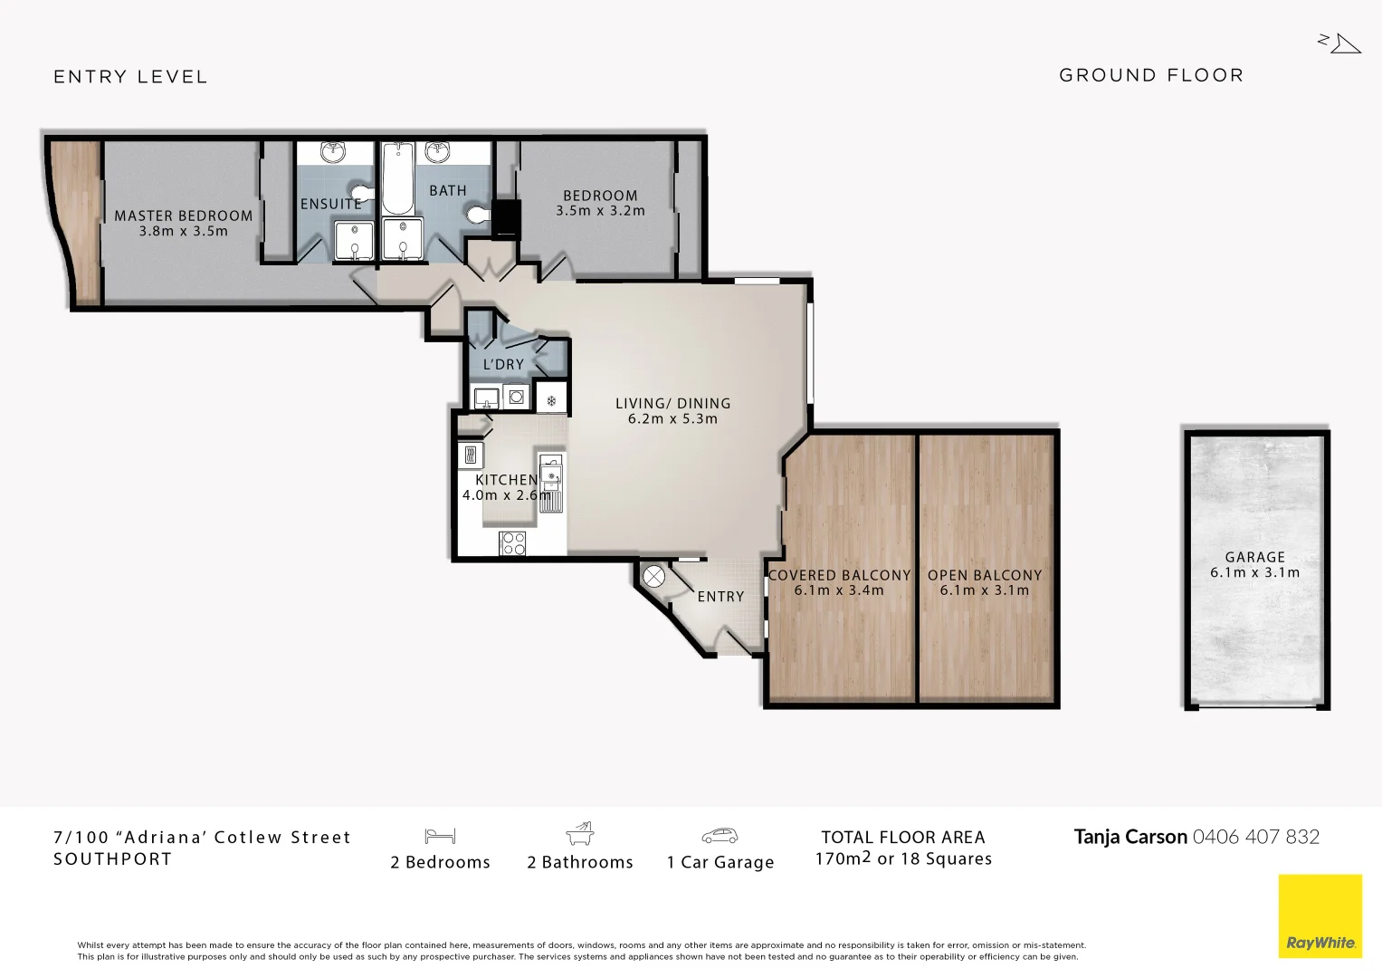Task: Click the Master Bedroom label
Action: coord(183,216)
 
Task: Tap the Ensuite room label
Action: coord(330,204)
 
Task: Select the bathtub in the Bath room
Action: coord(396,177)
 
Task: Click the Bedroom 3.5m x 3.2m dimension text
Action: coord(600,211)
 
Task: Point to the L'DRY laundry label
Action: coord(503,364)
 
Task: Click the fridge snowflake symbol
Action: coord(550,398)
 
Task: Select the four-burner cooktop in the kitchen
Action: coord(513,542)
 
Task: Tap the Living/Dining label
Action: coord(672,404)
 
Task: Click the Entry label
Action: coord(720,597)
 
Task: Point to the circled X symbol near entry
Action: coord(653,577)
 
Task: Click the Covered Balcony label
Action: coord(839,575)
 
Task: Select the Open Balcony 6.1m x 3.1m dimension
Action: coord(984,590)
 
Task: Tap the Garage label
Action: coord(1254,558)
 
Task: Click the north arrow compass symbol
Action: coord(1340,43)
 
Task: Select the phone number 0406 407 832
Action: coord(1255,837)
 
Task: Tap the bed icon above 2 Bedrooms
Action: coord(440,835)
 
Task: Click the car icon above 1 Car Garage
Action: coord(720,835)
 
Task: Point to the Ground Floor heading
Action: coord(1151,75)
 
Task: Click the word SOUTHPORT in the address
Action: coord(112,859)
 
